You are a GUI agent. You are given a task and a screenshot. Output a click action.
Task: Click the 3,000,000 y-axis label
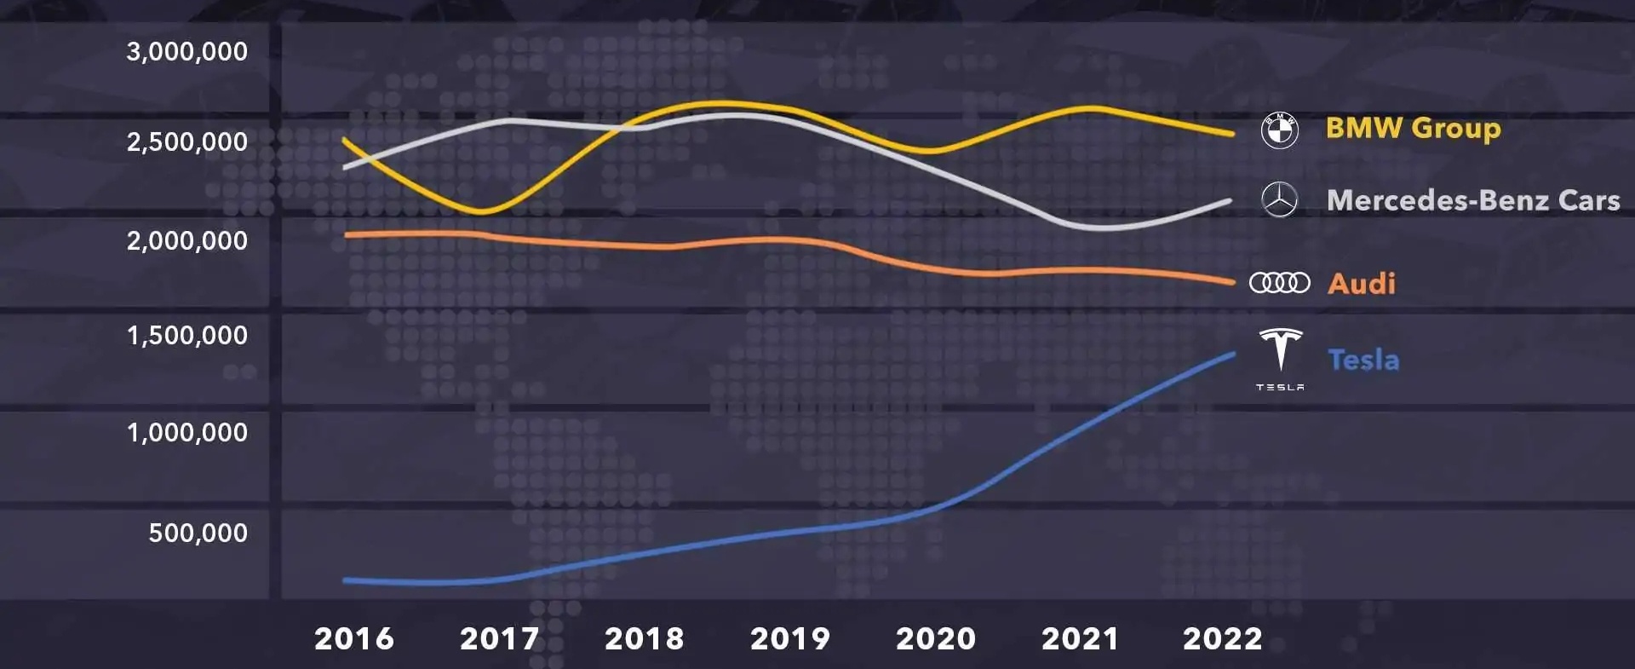[x=186, y=52]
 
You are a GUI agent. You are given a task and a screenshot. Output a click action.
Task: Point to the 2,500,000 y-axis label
[x=186, y=141]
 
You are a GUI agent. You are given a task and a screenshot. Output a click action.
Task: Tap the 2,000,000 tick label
[x=186, y=241]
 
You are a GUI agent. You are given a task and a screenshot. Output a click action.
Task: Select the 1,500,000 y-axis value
[x=186, y=336]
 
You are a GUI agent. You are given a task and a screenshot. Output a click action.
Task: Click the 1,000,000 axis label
[x=186, y=433]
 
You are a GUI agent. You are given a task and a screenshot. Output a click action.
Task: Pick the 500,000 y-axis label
[x=198, y=533]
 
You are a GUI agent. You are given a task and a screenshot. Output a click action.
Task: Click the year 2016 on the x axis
[x=354, y=638]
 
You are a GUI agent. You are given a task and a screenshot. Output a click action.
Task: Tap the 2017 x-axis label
[x=500, y=638]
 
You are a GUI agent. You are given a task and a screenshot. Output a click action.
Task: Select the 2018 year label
[x=645, y=638]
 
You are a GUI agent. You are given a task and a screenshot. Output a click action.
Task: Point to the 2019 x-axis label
[x=790, y=638]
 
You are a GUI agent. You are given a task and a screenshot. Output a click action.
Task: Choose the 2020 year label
[x=936, y=638]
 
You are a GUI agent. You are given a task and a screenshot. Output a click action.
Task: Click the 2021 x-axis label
[x=1080, y=638]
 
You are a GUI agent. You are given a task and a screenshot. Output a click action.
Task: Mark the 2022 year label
[x=1223, y=638]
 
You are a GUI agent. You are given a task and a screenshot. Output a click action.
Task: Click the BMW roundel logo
[x=1279, y=130]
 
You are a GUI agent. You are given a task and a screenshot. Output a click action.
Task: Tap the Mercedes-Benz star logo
[x=1279, y=200]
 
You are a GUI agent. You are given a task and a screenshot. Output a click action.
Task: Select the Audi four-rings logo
[x=1279, y=282]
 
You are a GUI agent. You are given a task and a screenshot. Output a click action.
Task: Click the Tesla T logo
[x=1280, y=351]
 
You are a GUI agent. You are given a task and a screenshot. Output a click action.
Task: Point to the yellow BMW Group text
[x=1413, y=128]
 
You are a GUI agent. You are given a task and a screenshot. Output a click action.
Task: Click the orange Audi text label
[x=1362, y=283]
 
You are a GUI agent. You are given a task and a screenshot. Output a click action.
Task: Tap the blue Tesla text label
[x=1363, y=360]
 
